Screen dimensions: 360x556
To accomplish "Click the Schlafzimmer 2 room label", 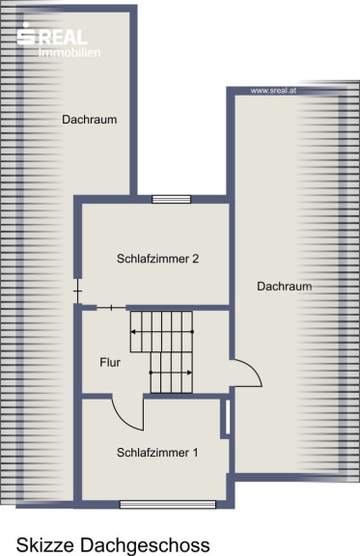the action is (158, 259).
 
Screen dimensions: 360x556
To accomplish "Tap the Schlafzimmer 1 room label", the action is (157, 453).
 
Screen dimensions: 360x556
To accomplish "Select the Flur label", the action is (110, 362).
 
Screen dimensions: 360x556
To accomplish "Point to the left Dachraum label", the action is (90, 120).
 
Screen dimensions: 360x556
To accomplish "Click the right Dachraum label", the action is (285, 286).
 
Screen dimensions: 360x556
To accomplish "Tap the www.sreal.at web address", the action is (273, 91).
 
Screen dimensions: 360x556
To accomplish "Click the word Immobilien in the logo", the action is (69, 52).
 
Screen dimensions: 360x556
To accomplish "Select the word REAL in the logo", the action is (63, 38).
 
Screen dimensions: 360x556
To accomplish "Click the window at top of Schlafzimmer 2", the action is (171, 199).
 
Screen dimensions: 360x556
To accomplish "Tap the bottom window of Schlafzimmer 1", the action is (168, 504).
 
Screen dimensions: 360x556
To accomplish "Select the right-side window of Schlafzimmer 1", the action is (228, 417).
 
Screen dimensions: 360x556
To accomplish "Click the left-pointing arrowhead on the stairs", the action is (133, 332).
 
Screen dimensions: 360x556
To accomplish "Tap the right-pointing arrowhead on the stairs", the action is (189, 373).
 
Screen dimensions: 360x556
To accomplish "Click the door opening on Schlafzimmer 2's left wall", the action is (77, 292).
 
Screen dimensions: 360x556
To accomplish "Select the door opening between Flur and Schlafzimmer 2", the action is (111, 307).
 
